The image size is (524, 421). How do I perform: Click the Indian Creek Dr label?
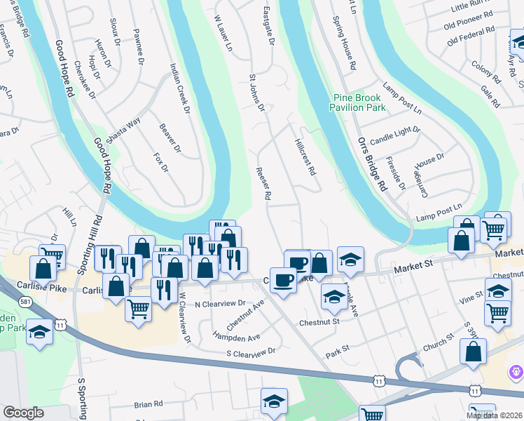click(179, 89)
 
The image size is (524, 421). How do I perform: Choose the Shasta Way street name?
click(125, 128)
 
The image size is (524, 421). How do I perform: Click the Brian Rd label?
click(149, 404)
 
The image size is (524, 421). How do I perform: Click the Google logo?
click(23, 413)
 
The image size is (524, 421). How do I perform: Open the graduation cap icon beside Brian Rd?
click(274, 401)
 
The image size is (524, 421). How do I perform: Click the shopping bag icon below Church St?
click(473, 352)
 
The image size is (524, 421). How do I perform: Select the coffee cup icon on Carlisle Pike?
click(282, 280)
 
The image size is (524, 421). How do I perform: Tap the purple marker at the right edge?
click(517, 369)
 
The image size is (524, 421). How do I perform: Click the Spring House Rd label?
click(345, 46)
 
